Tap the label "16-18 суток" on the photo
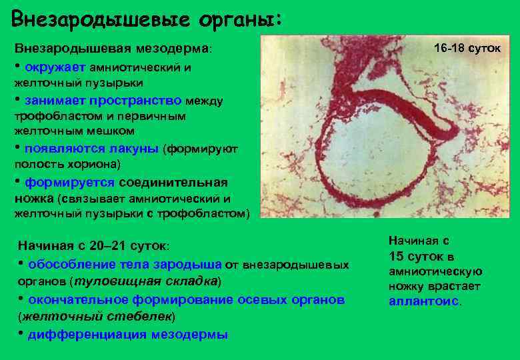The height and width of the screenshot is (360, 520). coord(462,49)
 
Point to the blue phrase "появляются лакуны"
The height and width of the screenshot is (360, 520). coord(92,148)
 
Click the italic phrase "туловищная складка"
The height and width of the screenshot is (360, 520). coord(145,280)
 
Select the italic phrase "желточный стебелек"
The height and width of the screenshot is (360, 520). coord(97,315)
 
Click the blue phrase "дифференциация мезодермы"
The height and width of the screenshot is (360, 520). coord(128,334)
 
